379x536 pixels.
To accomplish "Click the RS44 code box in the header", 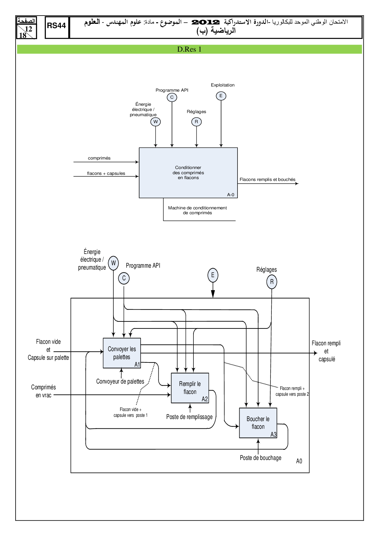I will tap(57, 27).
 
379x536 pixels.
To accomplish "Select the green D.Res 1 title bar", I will tap(189, 49).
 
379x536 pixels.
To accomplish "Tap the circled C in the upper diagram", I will tap(172, 97).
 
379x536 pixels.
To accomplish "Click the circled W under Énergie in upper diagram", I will tap(156, 122).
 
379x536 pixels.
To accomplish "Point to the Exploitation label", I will tap(223, 85).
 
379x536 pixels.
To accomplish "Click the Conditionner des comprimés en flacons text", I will tap(188, 173).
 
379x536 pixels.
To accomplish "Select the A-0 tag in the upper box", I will tap(230, 195).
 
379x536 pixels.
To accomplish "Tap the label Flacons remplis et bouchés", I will tap(267, 179).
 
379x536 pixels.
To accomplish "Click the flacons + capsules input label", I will tap(106, 173).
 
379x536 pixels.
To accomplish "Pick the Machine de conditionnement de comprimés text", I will tap(197, 210).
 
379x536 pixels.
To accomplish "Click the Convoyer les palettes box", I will tap(122, 353).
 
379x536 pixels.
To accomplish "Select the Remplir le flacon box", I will tap(190, 388).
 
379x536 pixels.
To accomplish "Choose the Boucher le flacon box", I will tap(258, 423).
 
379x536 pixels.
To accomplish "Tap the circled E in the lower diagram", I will tap(213, 275).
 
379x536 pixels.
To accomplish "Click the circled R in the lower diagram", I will tap(272, 282).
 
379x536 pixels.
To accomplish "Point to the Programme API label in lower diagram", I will tap(143, 266).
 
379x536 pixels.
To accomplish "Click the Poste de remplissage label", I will tap(189, 417).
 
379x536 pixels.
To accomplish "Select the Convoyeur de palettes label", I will tap(120, 381).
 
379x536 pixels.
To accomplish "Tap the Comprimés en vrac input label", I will tap(43, 391).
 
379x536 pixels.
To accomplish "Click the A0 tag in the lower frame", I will tap(299, 461).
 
